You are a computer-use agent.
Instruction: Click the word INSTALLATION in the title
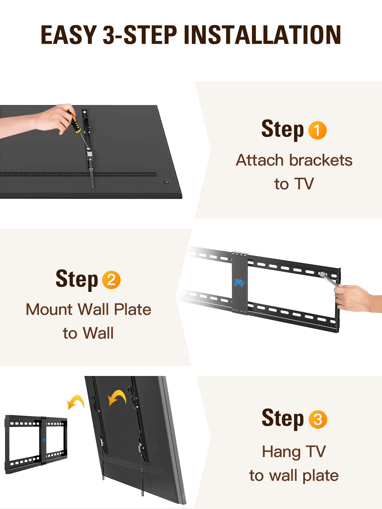[262, 35]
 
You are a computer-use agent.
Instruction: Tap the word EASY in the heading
[69, 35]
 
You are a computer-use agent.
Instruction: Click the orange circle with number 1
[317, 130]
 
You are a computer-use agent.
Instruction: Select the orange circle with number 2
[111, 280]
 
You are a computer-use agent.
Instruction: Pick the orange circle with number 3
[317, 419]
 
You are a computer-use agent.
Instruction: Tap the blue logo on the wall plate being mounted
[239, 282]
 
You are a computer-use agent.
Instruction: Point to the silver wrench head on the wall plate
[322, 275]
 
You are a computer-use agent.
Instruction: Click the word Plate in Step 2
[132, 309]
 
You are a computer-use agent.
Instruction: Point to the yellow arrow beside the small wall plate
[75, 402]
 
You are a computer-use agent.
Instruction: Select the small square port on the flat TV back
[167, 182]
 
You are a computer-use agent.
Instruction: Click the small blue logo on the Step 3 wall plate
[44, 440]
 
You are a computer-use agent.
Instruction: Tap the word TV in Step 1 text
[304, 184]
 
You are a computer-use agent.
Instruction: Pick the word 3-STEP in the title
[140, 35]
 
